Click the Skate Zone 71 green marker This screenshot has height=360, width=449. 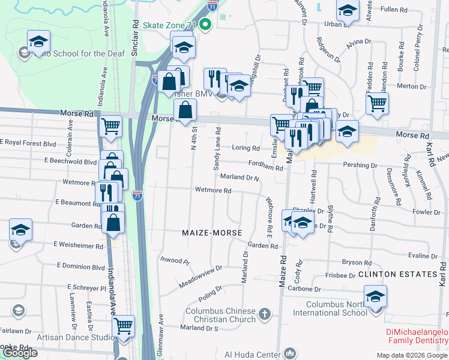pyautogui.click(x=205, y=25)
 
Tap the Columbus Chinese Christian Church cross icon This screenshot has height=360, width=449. pyautogui.click(x=265, y=314)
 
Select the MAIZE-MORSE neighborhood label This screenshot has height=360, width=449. pyautogui.click(x=212, y=232)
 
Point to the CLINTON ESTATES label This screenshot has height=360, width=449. pyautogui.click(x=397, y=274)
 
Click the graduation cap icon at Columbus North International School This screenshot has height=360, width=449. pyautogui.click(x=376, y=297)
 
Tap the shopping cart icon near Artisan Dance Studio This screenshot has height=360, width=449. pyautogui.click(x=124, y=326)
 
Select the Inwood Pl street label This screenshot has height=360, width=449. pyautogui.click(x=175, y=262)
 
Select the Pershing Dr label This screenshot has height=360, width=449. pyautogui.click(x=360, y=165)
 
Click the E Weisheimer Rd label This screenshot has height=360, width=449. pyautogui.click(x=77, y=245)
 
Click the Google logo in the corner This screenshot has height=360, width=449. pyautogui.click(x=20, y=353)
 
